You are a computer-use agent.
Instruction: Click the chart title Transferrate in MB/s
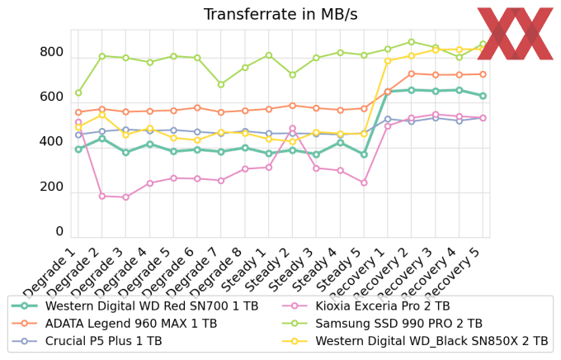pyautogui.click(x=280, y=14)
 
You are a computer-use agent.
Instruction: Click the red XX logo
pyautogui.click(x=515, y=34)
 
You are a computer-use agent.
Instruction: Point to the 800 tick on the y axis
pyautogui.click(x=51, y=53)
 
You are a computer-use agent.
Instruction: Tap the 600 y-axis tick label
pyautogui.click(x=51, y=97)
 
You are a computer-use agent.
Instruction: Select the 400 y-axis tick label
pyautogui.click(x=51, y=142)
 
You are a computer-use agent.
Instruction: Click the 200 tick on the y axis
pyautogui.click(x=51, y=187)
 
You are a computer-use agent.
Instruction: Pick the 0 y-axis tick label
pyautogui.click(x=59, y=232)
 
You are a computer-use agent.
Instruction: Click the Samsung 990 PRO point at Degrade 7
pyautogui.click(x=221, y=84)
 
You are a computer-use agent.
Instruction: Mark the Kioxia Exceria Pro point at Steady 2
pyautogui.click(x=292, y=129)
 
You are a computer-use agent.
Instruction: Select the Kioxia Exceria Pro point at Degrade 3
pyautogui.click(x=125, y=197)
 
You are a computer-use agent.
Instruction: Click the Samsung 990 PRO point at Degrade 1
pyautogui.click(x=78, y=92)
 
